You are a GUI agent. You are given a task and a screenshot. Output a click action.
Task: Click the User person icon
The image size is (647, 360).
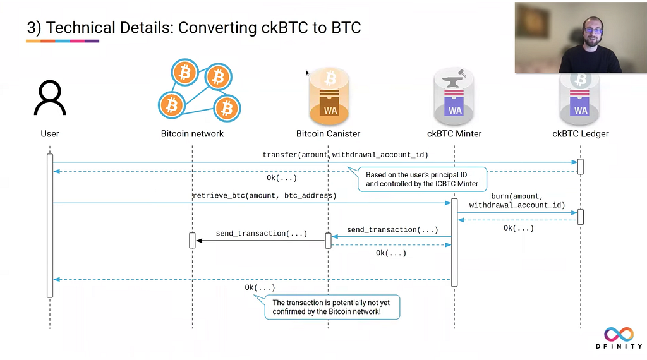click(x=50, y=98)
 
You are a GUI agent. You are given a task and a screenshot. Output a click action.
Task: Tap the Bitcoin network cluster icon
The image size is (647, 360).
click(x=199, y=90)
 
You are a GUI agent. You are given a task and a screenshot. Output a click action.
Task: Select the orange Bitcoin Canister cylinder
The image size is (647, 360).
click(x=329, y=97)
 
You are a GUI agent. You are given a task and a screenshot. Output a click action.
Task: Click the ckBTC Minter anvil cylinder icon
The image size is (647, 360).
click(x=454, y=97)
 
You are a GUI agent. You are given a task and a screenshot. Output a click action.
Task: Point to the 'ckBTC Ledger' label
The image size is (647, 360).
click(x=581, y=134)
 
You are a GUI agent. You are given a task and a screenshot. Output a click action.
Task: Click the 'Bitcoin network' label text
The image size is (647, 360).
click(x=192, y=134)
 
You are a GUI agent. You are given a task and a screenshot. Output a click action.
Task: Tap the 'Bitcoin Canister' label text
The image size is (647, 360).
click(x=328, y=134)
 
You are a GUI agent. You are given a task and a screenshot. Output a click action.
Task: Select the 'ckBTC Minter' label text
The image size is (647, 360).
click(x=454, y=134)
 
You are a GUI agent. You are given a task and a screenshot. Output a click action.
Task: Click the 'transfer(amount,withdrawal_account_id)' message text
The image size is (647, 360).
click(x=346, y=155)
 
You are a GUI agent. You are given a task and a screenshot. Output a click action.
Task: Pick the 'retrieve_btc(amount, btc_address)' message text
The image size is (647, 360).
click(x=265, y=195)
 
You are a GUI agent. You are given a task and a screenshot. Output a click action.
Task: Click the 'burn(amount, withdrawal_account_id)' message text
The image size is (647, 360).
click(x=517, y=200)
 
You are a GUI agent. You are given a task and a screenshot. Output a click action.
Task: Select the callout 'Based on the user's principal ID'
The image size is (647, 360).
click(x=421, y=179)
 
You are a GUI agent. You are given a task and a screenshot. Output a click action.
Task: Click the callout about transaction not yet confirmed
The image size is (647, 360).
click(x=331, y=307)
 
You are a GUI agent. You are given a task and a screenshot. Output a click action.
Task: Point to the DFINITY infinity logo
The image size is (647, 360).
click(x=619, y=334)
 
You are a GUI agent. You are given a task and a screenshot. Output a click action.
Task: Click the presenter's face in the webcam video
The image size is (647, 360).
click(x=593, y=32)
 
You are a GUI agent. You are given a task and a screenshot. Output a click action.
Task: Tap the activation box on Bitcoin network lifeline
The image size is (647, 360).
click(x=192, y=241)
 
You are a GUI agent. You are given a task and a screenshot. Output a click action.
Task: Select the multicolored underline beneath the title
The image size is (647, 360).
click(x=63, y=41)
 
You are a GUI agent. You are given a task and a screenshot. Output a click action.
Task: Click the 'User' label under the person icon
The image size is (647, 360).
click(x=50, y=134)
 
